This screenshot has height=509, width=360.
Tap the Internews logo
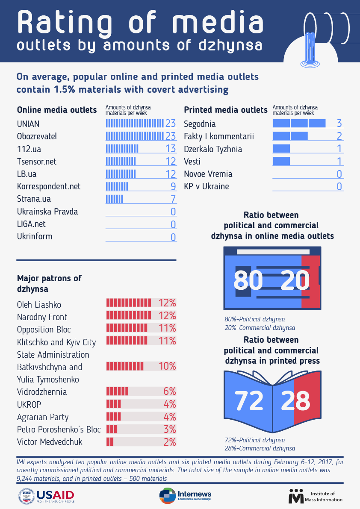click(x=185, y=496)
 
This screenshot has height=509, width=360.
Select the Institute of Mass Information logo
click(x=316, y=496)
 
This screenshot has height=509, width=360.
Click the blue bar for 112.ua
click(x=122, y=149)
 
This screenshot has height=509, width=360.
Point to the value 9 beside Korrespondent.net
click(x=173, y=186)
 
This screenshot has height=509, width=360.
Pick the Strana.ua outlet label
click(x=34, y=199)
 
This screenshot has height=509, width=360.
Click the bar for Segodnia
click(x=299, y=124)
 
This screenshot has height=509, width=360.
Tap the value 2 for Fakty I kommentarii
click(x=339, y=136)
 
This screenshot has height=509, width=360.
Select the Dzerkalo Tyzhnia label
click(x=213, y=149)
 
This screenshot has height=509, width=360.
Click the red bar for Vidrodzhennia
click(x=117, y=391)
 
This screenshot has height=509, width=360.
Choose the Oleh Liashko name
click(x=39, y=305)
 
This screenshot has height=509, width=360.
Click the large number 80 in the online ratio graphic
click(x=248, y=281)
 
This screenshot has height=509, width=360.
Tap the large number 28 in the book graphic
click(x=296, y=400)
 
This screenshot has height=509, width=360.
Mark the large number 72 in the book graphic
click(x=249, y=400)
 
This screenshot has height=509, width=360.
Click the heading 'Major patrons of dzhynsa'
click(x=49, y=283)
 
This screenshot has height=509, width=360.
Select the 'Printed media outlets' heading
click(x=226, y=110)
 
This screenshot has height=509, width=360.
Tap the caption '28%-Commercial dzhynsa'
click(x=260, y=448)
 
